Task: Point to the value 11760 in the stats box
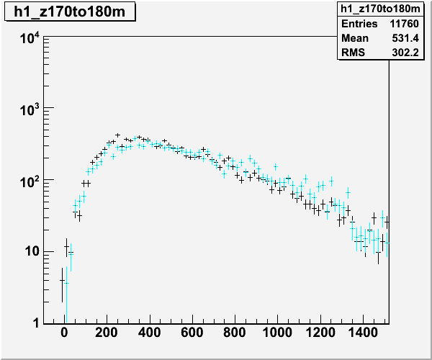pos(404,24)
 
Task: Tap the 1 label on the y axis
pos(35,323)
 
